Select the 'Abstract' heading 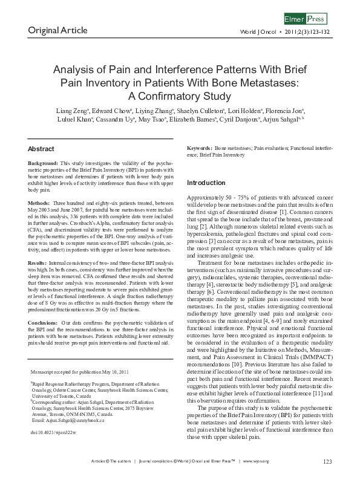[x=41, y=148]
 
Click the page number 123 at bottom [x=327, y=462]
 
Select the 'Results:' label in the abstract [x=39, y=264]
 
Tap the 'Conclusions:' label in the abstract [x=43, y=306]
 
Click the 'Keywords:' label [x=199, y=148]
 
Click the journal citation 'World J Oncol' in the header [x=257, y=31]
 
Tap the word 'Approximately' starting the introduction [x=205, y=198]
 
